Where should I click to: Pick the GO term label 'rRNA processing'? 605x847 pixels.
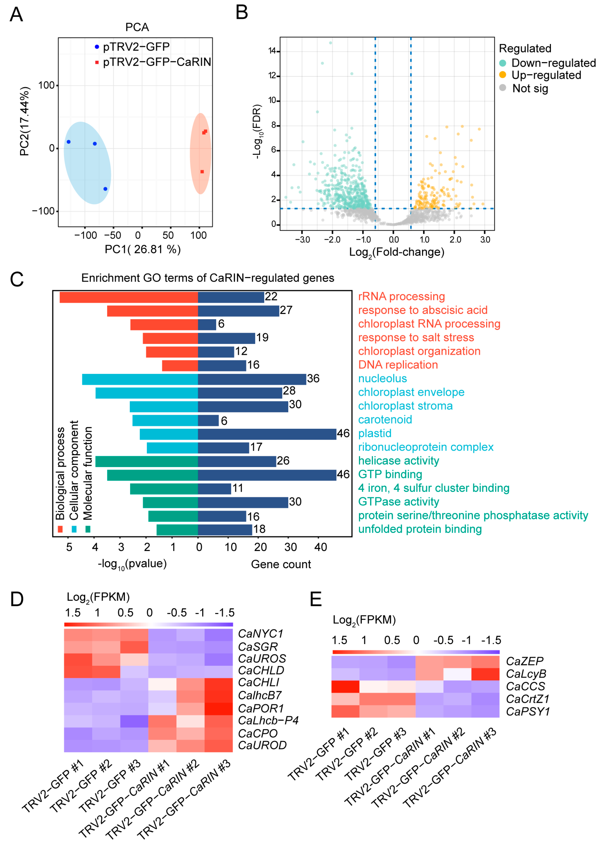(x=401, y=297)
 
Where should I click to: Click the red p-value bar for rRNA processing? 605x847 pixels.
(x=129, y=297)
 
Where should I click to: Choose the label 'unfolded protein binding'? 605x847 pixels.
(x=420, y=529)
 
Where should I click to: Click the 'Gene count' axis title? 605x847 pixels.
(x=281, y=564)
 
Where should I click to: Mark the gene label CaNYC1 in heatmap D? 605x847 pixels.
(x=260, y=634)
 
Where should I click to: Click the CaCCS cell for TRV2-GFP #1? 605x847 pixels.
(x=345, y=687)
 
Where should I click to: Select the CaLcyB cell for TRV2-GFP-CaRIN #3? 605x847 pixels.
(x=485, y=674)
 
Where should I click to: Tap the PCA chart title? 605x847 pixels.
(x=137, y=27)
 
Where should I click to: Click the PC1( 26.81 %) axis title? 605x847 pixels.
(x=143, y=249)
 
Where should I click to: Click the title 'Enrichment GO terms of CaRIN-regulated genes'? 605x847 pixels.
(x=208, y=278)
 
